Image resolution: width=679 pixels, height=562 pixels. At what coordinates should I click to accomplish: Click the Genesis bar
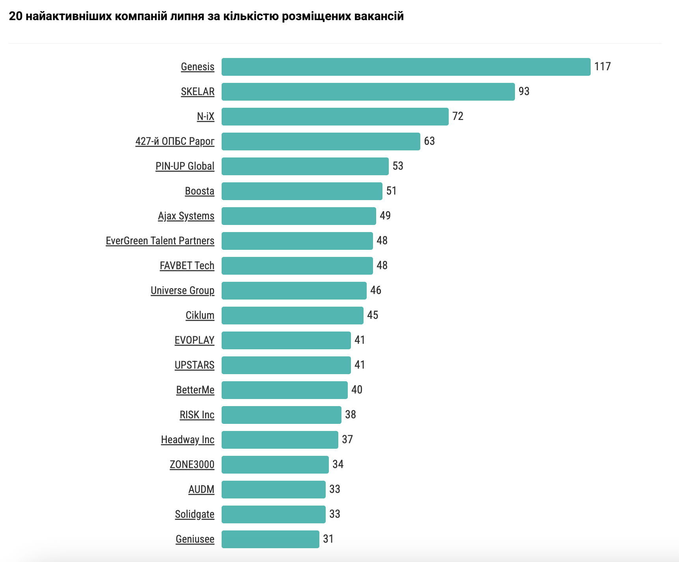(406, 67)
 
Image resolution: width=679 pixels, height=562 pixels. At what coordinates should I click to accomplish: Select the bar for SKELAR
(368, 92)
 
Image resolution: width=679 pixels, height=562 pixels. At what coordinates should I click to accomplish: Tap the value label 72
(458, 116)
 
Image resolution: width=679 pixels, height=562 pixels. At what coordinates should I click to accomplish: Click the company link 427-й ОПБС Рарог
(175, 141)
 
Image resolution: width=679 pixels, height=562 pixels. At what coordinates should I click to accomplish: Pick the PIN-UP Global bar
(305, 166)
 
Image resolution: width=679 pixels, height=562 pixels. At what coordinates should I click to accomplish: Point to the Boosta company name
(200, 191)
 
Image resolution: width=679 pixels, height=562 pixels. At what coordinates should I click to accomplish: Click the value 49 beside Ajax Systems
(385, 215)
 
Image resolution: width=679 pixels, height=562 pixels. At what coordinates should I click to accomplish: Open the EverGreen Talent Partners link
(160, 241)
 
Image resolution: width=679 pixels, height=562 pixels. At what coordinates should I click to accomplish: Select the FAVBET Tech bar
(297, 266)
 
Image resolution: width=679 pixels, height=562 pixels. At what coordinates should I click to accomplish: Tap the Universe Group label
(183, 290)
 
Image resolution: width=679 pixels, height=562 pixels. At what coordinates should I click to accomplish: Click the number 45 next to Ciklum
(373, 315)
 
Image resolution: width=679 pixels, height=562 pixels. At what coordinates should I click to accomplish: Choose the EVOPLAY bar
(286, 340)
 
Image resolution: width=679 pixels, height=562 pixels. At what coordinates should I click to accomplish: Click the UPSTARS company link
(194, 365)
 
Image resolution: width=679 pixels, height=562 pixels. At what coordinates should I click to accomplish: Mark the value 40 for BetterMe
(357, 390)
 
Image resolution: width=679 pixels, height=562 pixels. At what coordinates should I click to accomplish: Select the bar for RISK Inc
(281, 415)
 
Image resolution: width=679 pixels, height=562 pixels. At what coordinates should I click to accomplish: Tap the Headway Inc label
(188, 440)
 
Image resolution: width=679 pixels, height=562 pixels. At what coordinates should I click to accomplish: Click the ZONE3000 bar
(275, 465)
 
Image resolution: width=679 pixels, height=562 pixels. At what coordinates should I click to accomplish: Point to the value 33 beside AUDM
(335, 489)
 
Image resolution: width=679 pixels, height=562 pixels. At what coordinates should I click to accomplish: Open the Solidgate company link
(195, 514)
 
